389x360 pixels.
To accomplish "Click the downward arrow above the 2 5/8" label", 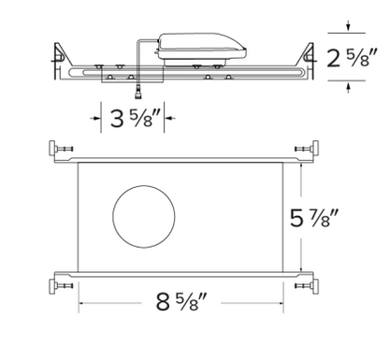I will click(350, 25).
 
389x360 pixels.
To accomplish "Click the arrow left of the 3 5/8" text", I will click(96, 120).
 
